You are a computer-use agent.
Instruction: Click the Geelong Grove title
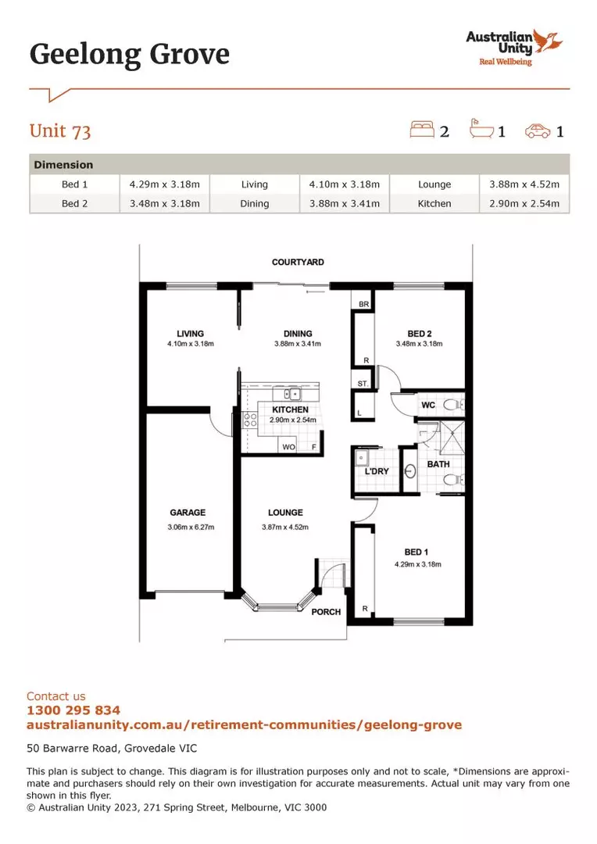click(x=130, y=54)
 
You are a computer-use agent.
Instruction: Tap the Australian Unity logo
click(x=511, y=46)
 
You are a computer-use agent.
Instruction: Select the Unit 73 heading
click(x=60, y=131)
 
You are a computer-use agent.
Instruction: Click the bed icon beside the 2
click(x=421, y=130)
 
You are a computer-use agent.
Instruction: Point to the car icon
click(x=538, y=131)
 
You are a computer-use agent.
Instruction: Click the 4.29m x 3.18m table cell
click(x=165, y=184)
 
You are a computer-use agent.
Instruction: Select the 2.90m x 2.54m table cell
click(x=524, y=203)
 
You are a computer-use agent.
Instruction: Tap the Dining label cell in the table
click(x=255, y=203)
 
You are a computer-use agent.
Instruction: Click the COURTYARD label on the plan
click(x=298, y=263)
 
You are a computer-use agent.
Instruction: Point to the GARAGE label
click(x=188, y=513)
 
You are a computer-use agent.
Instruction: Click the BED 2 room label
click(x=419, y=332)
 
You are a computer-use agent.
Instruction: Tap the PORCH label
click(x=326, y=612)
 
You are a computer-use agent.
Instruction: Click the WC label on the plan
click(x=428, y=406)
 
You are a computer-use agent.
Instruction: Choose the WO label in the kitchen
click(x=288, y=446)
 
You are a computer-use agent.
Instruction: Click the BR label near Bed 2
click(x=363, y=304)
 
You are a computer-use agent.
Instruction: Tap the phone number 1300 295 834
click(x=73, y=710)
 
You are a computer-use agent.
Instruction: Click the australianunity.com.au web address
click(x=244, y=724)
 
